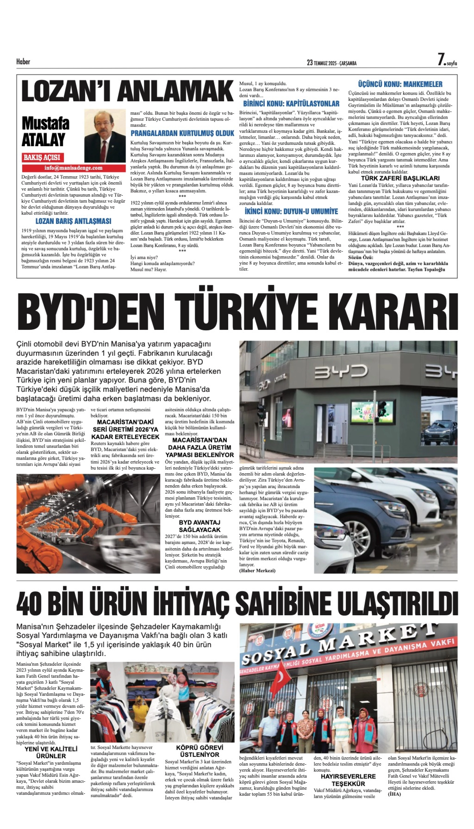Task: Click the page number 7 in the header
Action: click(441, 60)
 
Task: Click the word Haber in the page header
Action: click(23, 62)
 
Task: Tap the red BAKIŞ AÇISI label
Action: click(42, 158)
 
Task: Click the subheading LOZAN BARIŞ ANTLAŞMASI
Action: click(73, 221)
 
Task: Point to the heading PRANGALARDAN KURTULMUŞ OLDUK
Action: click(182, 133)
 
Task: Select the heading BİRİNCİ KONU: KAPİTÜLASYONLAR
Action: click(291, 104)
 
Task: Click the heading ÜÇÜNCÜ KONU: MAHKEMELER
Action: click(400, 84)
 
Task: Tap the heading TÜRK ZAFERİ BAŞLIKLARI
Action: click(400, 178)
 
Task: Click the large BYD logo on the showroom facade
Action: click(341, 371)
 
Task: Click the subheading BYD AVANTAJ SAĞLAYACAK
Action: click(200, 526)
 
